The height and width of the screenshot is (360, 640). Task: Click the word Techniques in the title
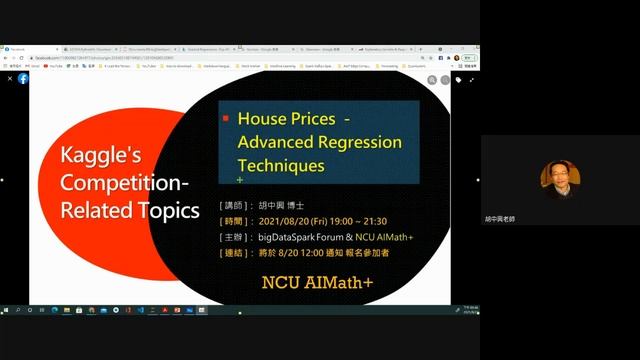tap(281, 164)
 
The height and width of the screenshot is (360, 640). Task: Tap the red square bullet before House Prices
tap(225, 118)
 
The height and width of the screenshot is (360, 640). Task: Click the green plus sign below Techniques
tap(240, 180)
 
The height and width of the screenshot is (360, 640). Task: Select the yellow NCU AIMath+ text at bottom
tap(318, 282)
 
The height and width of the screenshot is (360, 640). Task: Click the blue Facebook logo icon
tap(23, 78)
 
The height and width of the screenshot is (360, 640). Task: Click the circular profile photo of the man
tap(557, 176)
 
